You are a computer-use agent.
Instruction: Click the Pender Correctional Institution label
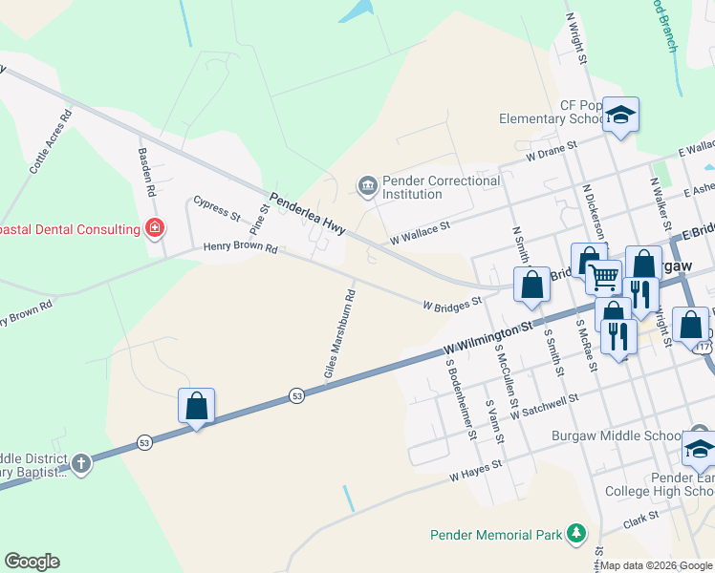[440, 187]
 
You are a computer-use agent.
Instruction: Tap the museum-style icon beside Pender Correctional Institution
[367, 185]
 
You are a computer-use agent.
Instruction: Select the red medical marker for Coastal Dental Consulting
[154, 228]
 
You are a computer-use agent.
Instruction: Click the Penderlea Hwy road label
[307, 215]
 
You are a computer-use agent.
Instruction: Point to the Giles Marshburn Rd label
[339, 334]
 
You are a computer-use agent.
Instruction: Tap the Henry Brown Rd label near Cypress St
[240, 247]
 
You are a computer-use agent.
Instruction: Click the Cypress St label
[216, 210]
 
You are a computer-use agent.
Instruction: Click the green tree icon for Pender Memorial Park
[576, 533]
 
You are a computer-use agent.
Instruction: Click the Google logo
[32, 562]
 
